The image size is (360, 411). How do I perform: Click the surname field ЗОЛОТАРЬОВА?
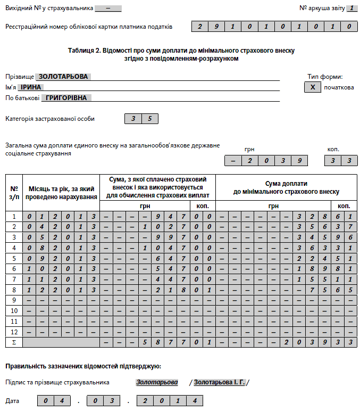click(63, 77)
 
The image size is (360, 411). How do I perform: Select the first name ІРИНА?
click(31, 87)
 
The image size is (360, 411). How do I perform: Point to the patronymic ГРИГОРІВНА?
click(66, 98)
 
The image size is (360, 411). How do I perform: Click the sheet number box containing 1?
click(351, 9)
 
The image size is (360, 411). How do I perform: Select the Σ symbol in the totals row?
click(14, 342)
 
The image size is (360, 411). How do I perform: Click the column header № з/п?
click(14, 192)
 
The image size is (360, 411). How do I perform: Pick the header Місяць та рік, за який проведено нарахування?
click(63, 192)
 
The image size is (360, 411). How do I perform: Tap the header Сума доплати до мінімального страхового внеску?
click(287, 188)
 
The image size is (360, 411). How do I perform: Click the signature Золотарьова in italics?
click(157, 382)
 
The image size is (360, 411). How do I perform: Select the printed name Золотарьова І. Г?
click(219, 382)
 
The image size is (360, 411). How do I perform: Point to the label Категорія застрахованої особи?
click(50, 119)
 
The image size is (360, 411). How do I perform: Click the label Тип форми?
click(325, 77)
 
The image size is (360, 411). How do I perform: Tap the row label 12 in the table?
click(14, 332)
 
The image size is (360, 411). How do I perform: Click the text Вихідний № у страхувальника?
click(49, 9)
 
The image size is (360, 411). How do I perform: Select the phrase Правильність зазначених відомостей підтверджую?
click(83, 366)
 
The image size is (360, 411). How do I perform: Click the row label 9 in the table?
click(14, 300)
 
